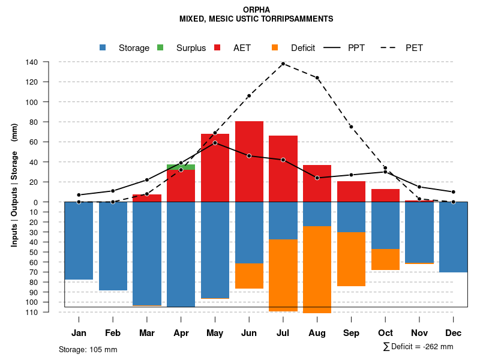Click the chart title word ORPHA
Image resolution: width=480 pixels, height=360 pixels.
tap(257, 10)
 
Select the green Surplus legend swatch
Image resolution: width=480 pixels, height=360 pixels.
tap(161, 47)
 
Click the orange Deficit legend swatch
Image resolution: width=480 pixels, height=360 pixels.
tap(275, 47)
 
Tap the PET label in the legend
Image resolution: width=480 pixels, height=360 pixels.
tap(414, 48)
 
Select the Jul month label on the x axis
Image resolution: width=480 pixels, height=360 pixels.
tap(283, 333)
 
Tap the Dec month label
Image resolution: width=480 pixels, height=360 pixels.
tap(454, 333)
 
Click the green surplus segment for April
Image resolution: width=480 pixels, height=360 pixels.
tap(181, 167)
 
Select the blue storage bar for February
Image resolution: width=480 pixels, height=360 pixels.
tap(113, 246)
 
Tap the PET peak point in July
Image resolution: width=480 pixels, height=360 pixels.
tap(283, 63)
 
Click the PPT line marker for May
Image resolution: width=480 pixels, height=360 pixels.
tap(215, 143)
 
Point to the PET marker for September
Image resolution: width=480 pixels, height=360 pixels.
tap(351, 127)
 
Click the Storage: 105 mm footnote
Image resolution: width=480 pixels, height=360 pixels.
tap(88, 349)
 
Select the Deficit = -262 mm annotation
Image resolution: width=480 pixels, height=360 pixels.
tap(418, 346)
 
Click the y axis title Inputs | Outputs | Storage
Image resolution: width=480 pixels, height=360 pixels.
tap(14, 185)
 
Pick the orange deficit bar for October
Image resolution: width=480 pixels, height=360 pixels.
tap(385, 259)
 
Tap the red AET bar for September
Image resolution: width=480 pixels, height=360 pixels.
tap(351, 191)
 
